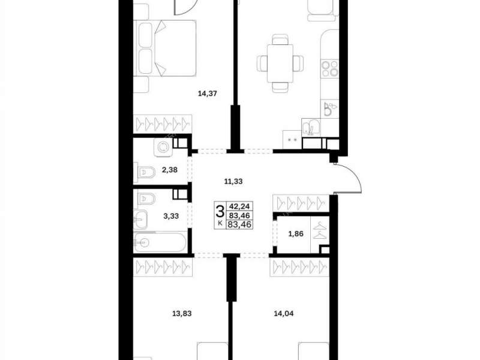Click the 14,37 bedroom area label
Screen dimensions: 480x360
pos(207,94)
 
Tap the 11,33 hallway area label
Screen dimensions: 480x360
pos(233,182)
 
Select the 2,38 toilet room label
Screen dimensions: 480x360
pos(170,170)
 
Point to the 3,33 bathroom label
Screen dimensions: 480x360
pos(171,216)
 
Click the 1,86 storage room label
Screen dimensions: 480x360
pos(296,234)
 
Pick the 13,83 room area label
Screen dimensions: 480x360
pos(182,313)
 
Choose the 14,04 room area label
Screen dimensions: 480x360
pos(283,313)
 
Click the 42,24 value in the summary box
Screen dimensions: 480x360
pos(239,206)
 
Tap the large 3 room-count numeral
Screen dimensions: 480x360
pos(220,212)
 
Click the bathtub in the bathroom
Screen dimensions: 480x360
pos(160,243)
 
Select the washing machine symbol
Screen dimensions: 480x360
pos(163,147)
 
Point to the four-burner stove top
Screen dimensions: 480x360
pos(329,68)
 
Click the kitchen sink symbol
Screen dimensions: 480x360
pos(311,127)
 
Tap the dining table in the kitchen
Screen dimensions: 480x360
pos(280,64)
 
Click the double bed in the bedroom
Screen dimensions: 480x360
pos(164,48)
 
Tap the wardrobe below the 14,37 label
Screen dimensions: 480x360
pos(163,124)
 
